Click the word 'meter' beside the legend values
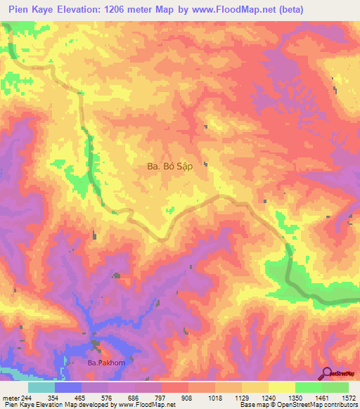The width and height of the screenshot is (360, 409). click(11, 398)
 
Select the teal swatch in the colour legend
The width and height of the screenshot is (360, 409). click(41, 387)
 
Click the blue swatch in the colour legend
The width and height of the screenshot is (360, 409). click(68, 387)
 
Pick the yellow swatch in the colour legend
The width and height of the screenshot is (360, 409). click(282, 387)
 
